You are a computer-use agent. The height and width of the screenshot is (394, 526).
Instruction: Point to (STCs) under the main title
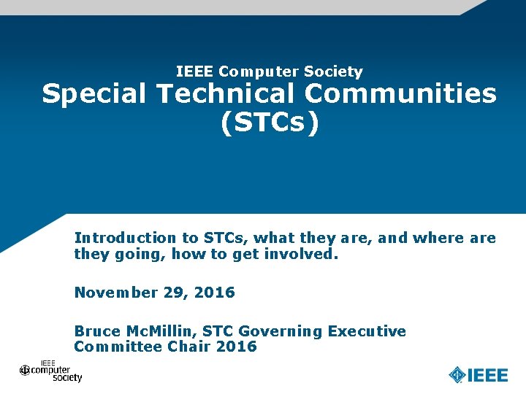click(270, 123)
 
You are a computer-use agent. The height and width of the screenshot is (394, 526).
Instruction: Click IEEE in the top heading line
click(195, 72)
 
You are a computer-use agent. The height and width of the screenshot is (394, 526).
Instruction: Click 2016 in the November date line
click(216, 293)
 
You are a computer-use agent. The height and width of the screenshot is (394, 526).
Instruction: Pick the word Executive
click(367, 331)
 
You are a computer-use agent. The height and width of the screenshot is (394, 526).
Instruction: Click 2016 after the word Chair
click(237, 347)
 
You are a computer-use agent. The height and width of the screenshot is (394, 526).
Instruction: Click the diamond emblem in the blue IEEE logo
click(457, 375)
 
